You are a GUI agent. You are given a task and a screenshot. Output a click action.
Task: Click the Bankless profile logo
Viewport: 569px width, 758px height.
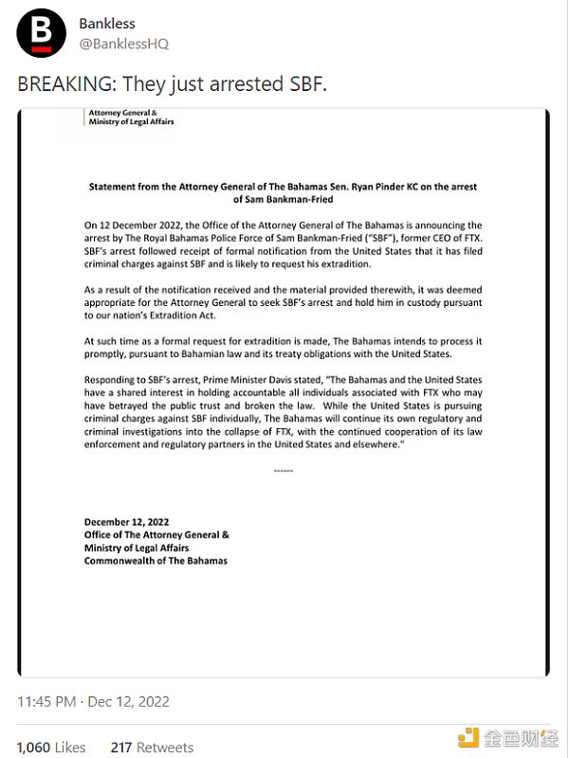(x=41, y=33)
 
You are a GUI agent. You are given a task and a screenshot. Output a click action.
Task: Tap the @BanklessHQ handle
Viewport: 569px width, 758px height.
(x=124, y=44)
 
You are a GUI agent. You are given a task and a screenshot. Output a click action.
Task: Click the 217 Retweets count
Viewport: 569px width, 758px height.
(x=152, y=747)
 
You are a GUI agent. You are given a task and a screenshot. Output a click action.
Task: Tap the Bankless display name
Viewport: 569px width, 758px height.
(x=107, y=23)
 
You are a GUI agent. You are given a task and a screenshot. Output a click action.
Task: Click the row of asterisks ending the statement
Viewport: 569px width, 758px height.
(x=284, y=471)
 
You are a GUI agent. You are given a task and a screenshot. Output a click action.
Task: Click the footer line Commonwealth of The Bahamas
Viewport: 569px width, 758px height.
(x=156, y=561)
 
